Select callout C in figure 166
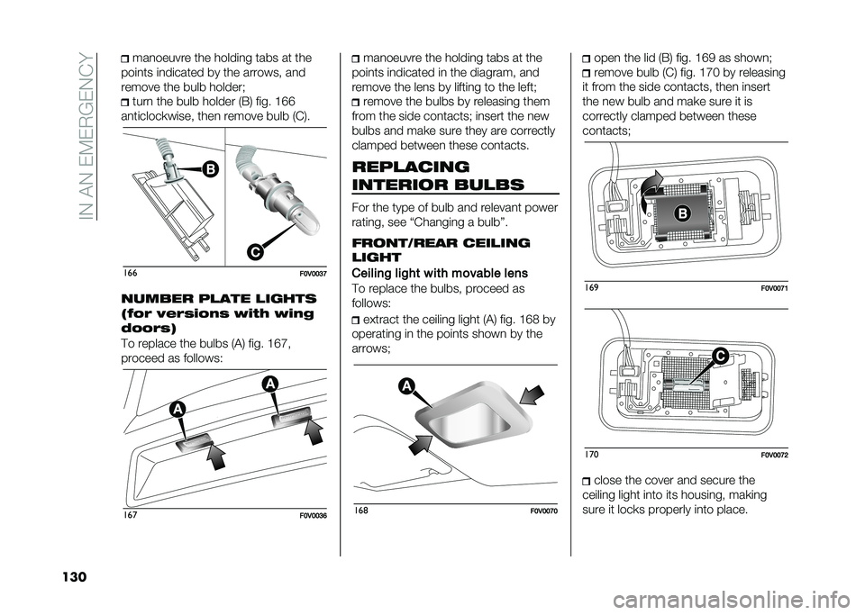coord(254,252)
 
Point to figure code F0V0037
coord(314,274)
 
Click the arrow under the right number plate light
coord(312,432)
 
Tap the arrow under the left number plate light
coord(218,457)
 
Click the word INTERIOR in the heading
coord(401,185)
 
